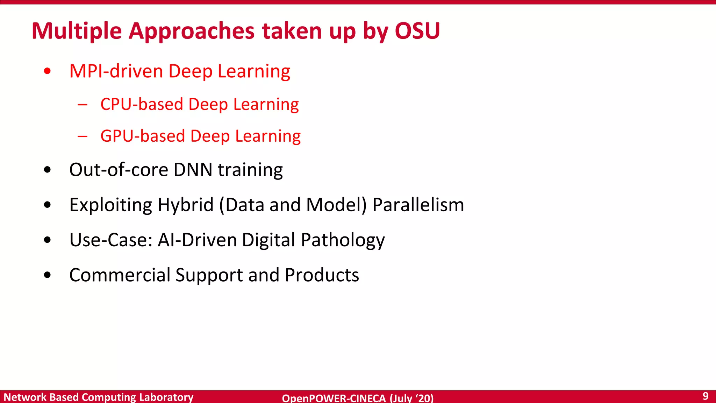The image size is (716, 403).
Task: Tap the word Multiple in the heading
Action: tap(77, 31)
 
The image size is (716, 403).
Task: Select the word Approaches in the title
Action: tap(192, 31)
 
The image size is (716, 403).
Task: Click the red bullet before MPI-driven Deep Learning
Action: tap(48, 71)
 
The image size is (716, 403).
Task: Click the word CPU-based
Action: tap(142, 104)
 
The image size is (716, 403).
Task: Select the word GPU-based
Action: tap(143, 136)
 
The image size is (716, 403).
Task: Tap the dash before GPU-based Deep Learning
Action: tap(83, 136)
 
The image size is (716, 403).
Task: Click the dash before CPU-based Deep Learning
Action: tap(83, 104)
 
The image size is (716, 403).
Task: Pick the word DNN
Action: tap(193, 170)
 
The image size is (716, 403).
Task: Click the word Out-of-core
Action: tap(119, 170)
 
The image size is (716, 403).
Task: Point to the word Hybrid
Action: tap(185, 205)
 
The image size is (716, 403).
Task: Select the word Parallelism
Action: tap(418, 205)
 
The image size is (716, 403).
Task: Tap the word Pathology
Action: tap(343, 240)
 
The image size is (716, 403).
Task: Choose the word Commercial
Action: tap(120, 275)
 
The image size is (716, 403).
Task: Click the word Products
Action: tap(322, 275)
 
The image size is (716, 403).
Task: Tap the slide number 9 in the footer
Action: tap(706, 396)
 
